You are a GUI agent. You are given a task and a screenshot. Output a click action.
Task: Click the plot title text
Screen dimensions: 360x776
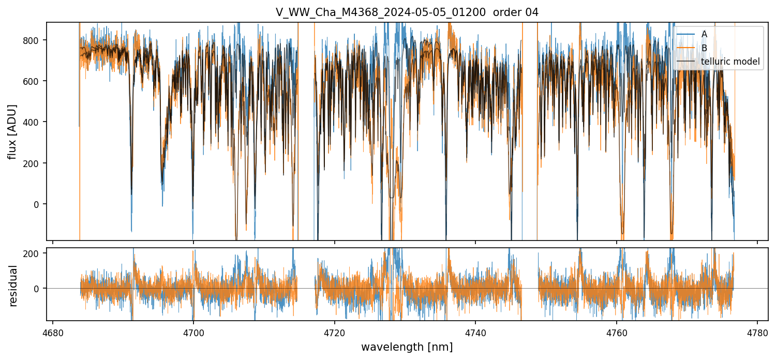(x=407, y=12)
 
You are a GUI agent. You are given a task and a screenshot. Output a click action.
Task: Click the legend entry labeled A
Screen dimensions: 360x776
(x=704, y=34)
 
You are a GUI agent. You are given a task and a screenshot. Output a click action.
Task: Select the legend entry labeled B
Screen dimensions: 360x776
(x=704, y=48)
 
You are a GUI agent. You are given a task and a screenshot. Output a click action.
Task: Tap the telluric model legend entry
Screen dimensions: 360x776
(x=730, y=62)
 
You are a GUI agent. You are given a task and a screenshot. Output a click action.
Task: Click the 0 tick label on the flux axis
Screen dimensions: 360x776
(x=39, y=204)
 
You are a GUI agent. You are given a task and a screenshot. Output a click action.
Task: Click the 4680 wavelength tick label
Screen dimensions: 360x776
(x=53, y=333)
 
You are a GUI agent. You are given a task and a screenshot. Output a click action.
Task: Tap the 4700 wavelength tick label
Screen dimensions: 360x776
(x=193, y=333)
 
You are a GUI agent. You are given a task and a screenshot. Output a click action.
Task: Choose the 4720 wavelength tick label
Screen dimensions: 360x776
(x=335, y=333)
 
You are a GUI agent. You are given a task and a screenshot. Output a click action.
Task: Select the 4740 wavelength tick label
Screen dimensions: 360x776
(x=475, y=333)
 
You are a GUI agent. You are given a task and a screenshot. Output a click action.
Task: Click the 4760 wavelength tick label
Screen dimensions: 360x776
(x=617, y=333)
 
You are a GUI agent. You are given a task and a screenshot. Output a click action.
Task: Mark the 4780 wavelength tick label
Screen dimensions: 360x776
(x=757, y=333)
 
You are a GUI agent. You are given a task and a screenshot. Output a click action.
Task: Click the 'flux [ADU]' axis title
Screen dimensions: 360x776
(x=13, y=131)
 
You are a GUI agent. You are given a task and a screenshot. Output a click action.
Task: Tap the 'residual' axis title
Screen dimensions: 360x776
(x=13, y=286)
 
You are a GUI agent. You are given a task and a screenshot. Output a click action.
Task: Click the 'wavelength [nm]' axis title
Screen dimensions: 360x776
(x=407, y=347)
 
